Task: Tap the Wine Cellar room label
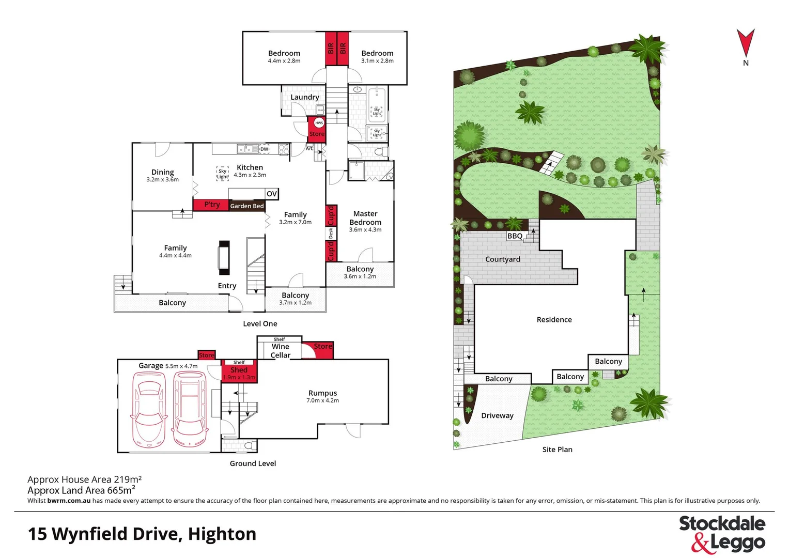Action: tap(281, 351)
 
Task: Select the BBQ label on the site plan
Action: tap(515, 236)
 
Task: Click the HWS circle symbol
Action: tap(319, 123)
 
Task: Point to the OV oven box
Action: tap(272, 194)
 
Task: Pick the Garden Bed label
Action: tap(247, 206)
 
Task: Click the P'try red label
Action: tap(212, 205)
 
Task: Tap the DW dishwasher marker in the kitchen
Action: tap(265, 149)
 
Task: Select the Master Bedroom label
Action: tap(365, 218)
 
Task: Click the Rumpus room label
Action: tap(322, 393)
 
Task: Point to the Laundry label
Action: tap(304, 97)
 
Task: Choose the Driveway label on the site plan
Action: tap(497, 415)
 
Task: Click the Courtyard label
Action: tap(502, 259)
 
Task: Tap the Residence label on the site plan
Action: tap(554, 320)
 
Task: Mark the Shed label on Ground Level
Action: tap(239, 370)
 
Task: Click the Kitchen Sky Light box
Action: tap(222, 174)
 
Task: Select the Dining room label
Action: tap(162, 172)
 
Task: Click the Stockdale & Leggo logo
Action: tap(722, 534)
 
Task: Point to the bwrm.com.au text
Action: tap(69, 501)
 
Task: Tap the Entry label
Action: tap(227, 286)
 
